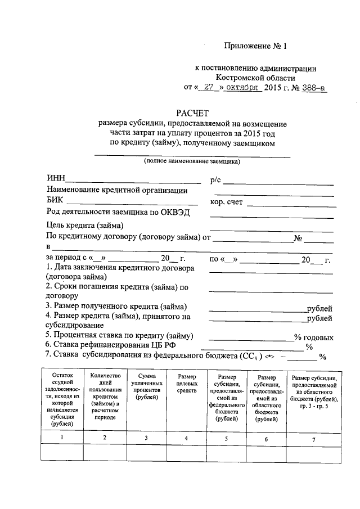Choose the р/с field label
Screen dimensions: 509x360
[x=216, y=179]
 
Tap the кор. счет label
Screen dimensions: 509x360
[x=226, y=202]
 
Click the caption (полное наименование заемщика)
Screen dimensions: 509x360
[x=192, y=161]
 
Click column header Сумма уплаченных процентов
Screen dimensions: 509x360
[x=146, y=386]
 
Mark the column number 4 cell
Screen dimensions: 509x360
[x=187, y=438]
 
